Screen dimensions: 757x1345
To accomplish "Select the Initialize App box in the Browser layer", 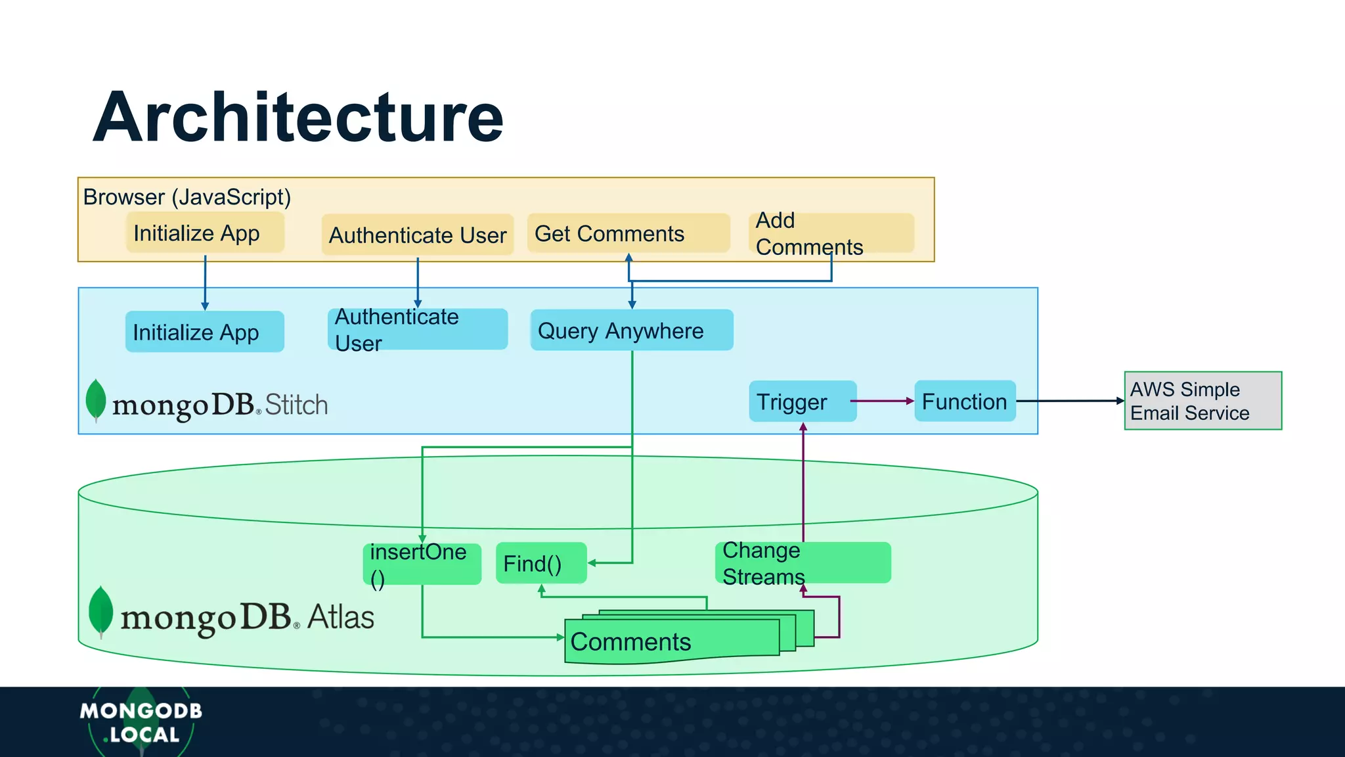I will (x=205, y=233).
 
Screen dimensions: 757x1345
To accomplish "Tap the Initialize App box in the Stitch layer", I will (x=204, y=332).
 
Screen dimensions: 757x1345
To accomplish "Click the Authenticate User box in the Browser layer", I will (x=418, y=235).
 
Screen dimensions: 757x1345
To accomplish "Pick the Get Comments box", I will (x=628, y=233).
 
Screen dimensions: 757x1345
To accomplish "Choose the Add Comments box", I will (x=831, y=233).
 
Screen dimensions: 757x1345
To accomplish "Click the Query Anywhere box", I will (x=631, y=331).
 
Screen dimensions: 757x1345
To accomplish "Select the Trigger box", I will (x=802, y=401).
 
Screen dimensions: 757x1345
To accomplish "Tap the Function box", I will (x=964, y=401).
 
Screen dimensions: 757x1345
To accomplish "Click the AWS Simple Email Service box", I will (x=1202, y=401).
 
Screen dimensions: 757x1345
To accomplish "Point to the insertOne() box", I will (x=422, y=564).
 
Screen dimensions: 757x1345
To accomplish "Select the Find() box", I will (x=540, y=563).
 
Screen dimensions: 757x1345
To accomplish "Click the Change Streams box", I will (x=803, y=563).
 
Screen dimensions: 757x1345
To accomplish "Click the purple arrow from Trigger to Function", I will (x=884, y=401).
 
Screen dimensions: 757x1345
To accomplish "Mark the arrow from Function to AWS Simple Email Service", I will (x=1070, y=401).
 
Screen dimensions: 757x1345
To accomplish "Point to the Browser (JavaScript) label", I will (x=187, y=197).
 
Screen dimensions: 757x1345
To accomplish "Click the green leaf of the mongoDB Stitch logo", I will (x=96, y=398).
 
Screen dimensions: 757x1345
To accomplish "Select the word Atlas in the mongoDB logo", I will (x=340, y=617).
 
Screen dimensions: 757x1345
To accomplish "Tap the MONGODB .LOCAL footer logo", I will (x=141, y=722).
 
